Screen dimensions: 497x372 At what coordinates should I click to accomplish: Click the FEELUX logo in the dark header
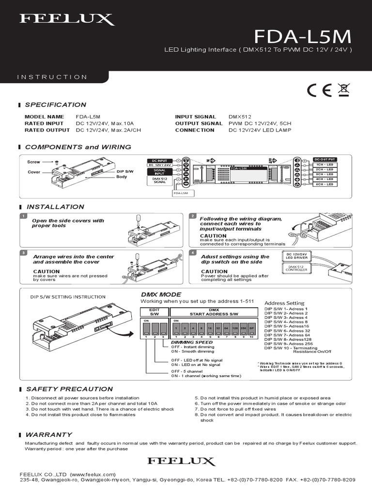coord(67,19)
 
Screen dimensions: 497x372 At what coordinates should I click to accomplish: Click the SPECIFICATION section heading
coord(55,105)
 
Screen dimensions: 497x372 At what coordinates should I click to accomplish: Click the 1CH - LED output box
coord(324,166)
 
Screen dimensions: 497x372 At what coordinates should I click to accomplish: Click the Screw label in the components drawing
coord(33,163)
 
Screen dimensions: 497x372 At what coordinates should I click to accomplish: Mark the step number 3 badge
coord(23,253)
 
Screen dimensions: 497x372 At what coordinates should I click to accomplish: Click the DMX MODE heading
coord(161,295)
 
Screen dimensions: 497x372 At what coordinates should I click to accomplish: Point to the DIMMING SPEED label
coord(192,342)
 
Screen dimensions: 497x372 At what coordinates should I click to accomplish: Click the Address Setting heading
coord(284,302)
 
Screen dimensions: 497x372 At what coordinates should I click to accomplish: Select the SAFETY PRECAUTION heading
coord(69,389)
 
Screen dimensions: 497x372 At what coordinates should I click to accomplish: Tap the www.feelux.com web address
coord(93,474)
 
